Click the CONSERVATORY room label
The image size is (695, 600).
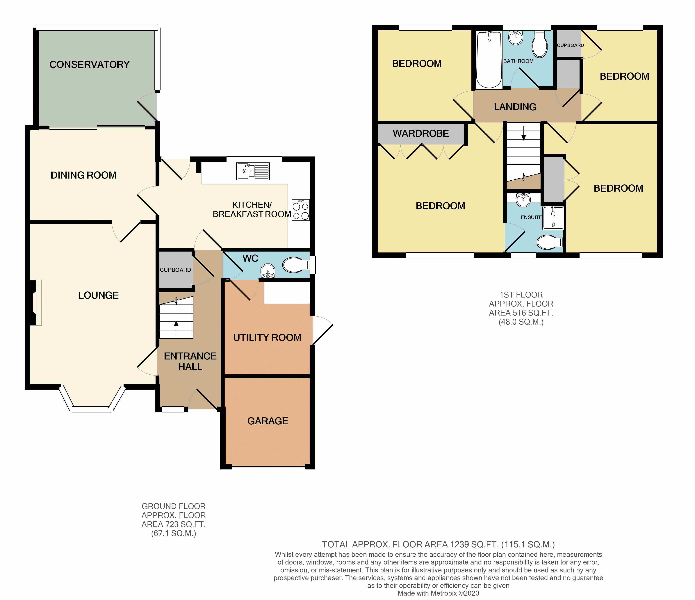click(90, 64)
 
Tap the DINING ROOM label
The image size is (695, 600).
click(83, 175)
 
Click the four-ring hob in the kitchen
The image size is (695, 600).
click(301, 210)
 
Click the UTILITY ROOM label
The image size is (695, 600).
click(267, 337)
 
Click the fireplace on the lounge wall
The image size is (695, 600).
click(36, 302)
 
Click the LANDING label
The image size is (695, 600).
click(515, 107)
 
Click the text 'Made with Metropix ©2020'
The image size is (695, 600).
click(438, 594)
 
